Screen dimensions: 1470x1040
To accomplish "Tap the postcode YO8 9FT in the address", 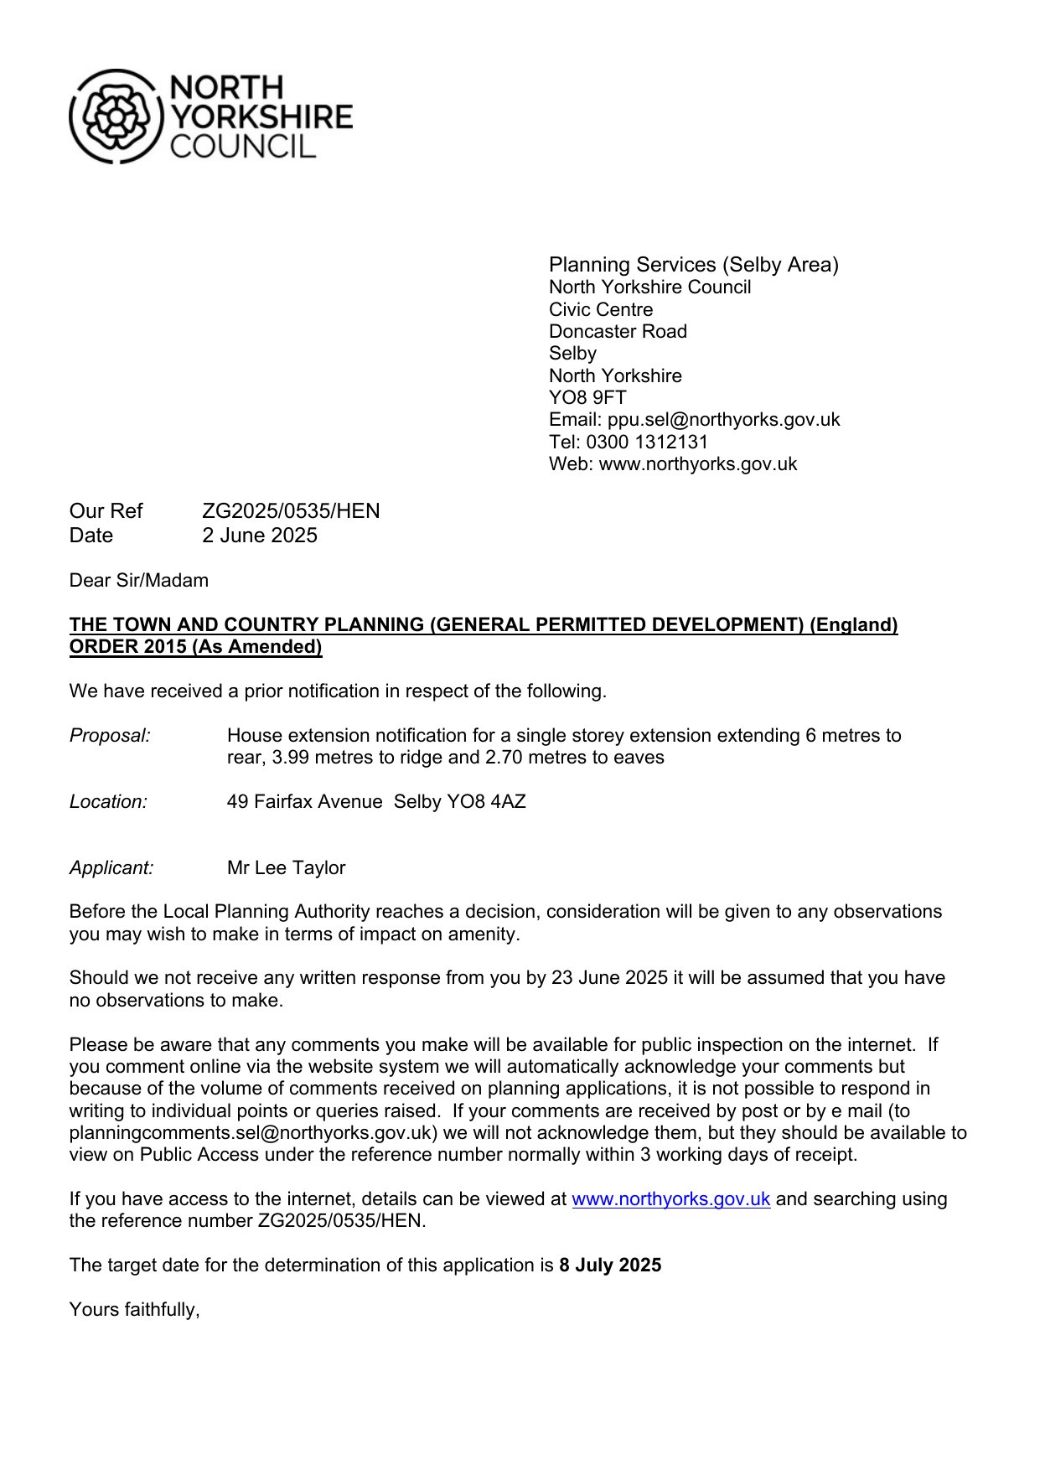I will [x=587, y=397].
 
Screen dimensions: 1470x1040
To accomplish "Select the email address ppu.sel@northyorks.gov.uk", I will [x=723, y=419].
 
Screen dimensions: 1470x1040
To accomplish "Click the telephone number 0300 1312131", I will [x=647, y=442].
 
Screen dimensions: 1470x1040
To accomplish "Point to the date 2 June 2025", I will [x=260, y=536].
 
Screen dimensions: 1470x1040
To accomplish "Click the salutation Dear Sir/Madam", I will [x=139, y=580].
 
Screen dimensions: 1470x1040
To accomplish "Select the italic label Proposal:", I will [x=110, y=735].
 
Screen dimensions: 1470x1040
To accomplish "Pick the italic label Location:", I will [x=108, y=801].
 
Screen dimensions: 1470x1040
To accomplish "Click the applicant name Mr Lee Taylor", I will [x=286, y=867].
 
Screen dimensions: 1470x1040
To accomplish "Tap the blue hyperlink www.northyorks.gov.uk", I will [x=670, y=1198].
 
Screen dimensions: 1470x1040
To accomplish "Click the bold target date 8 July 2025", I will [x=610, y=1265].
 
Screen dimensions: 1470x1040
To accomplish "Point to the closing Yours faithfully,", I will [x=134, y=1309].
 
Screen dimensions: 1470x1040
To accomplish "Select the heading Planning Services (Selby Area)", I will [x=693, y=265].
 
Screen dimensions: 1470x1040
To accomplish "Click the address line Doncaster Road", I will [x=618, y=331].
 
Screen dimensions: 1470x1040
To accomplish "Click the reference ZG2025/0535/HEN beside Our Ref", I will [x=291, y=511].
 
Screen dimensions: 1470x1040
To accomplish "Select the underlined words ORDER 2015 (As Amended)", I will [x=195, y=646].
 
